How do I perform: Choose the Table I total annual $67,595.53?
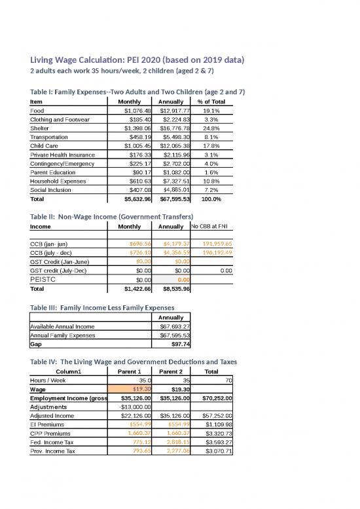171,198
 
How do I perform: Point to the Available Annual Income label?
62,326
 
